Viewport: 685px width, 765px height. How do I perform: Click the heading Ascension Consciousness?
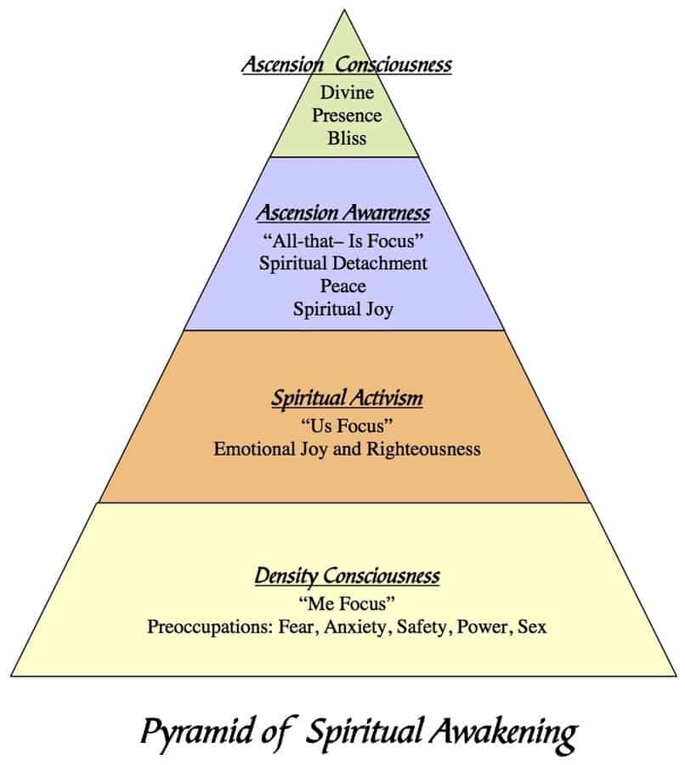pyautogui.click(x=347, y=64)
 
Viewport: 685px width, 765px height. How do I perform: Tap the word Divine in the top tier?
pyautogui.click(x=347, y=92)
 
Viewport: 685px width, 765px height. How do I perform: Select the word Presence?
pyautogui.click(x=347, y=115)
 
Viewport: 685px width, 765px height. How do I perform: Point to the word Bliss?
pyautogui.click(x=347, y=138)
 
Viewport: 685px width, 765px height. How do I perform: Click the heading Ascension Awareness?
pyautogui.click(x=343, y=212)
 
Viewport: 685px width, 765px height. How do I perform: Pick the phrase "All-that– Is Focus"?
pyautogui.click(x=343, y=240)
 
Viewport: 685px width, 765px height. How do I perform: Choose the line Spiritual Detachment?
pyautogui.click(x=343, y=263)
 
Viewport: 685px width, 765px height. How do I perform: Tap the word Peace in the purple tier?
pyautogui.click(x=343, y=286)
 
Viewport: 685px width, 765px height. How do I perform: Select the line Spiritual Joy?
pyautogui.click(x=343, y=309)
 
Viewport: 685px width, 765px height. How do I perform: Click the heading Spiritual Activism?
pyautogui.click(x=347, y=398)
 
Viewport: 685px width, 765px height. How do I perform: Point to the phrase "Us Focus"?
pyautogui.click(x=347, y=426)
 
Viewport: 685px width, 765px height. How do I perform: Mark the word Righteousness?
pyautogui.click(x=423, y=450)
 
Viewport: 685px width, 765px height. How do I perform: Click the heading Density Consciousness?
pyautogui.click(x=347, y=575)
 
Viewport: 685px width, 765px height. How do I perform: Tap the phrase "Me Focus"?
pyautogui.click(x=347, y=603)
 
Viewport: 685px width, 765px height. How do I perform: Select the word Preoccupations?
pyautogui.click(x=210, y=627)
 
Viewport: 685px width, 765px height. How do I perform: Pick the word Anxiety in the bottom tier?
pyautogui.click(x=358, y=627)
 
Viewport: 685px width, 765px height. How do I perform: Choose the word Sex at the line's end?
pyautogui.click(x=532, y=627)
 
